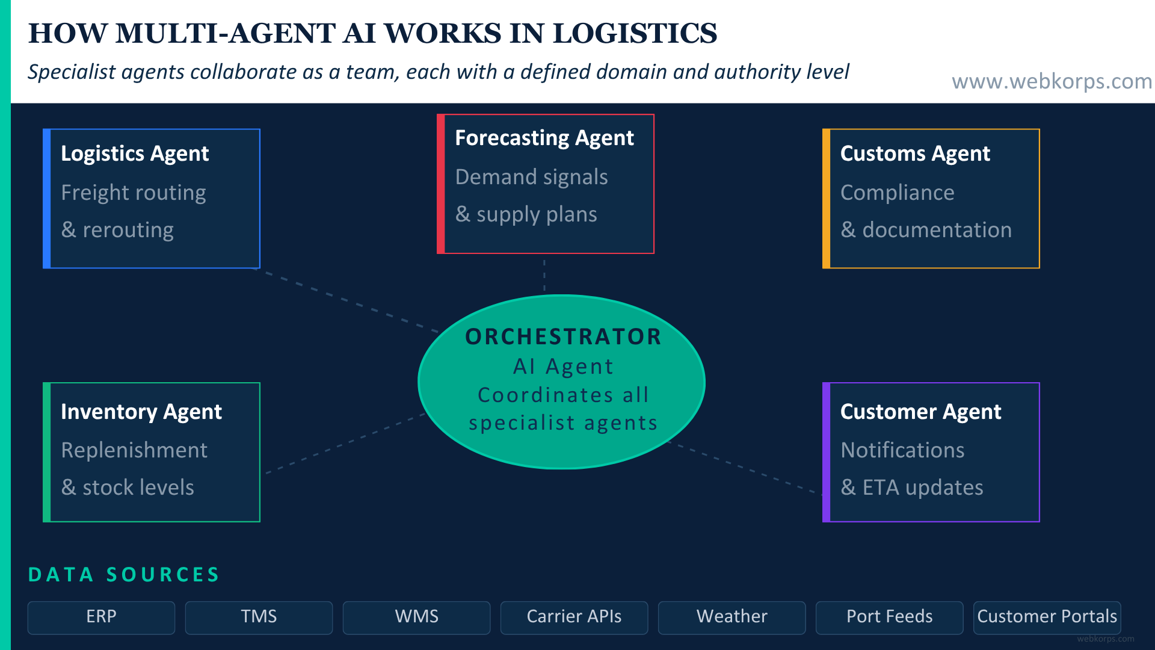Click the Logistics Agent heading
click(x=135, y=153)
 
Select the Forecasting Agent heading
click(x=544, y=138)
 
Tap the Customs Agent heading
click(x=914, y=153)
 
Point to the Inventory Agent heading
click(x=141, y=412)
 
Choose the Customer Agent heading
click(x=920, y=412)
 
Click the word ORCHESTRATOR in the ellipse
click(x=563, y=336)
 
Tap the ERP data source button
click(x=101, y=617)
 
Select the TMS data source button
click(x=259, y=617)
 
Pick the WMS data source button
click(x=416, y=617)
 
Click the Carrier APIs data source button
click(x=574, y=617)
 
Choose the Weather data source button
click(x=731, y=617)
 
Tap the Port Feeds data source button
click(x=889, y=617)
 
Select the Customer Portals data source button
click(x=1047, y=617)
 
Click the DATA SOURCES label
click(x=124, y=575)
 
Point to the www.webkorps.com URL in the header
click(x=1052, y=81)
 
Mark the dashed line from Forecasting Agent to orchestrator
click(x=544, y=276)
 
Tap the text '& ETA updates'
click(x=911, y=487)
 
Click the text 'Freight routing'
click(x=134, y=193)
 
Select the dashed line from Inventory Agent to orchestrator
click(x=346, y=443)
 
